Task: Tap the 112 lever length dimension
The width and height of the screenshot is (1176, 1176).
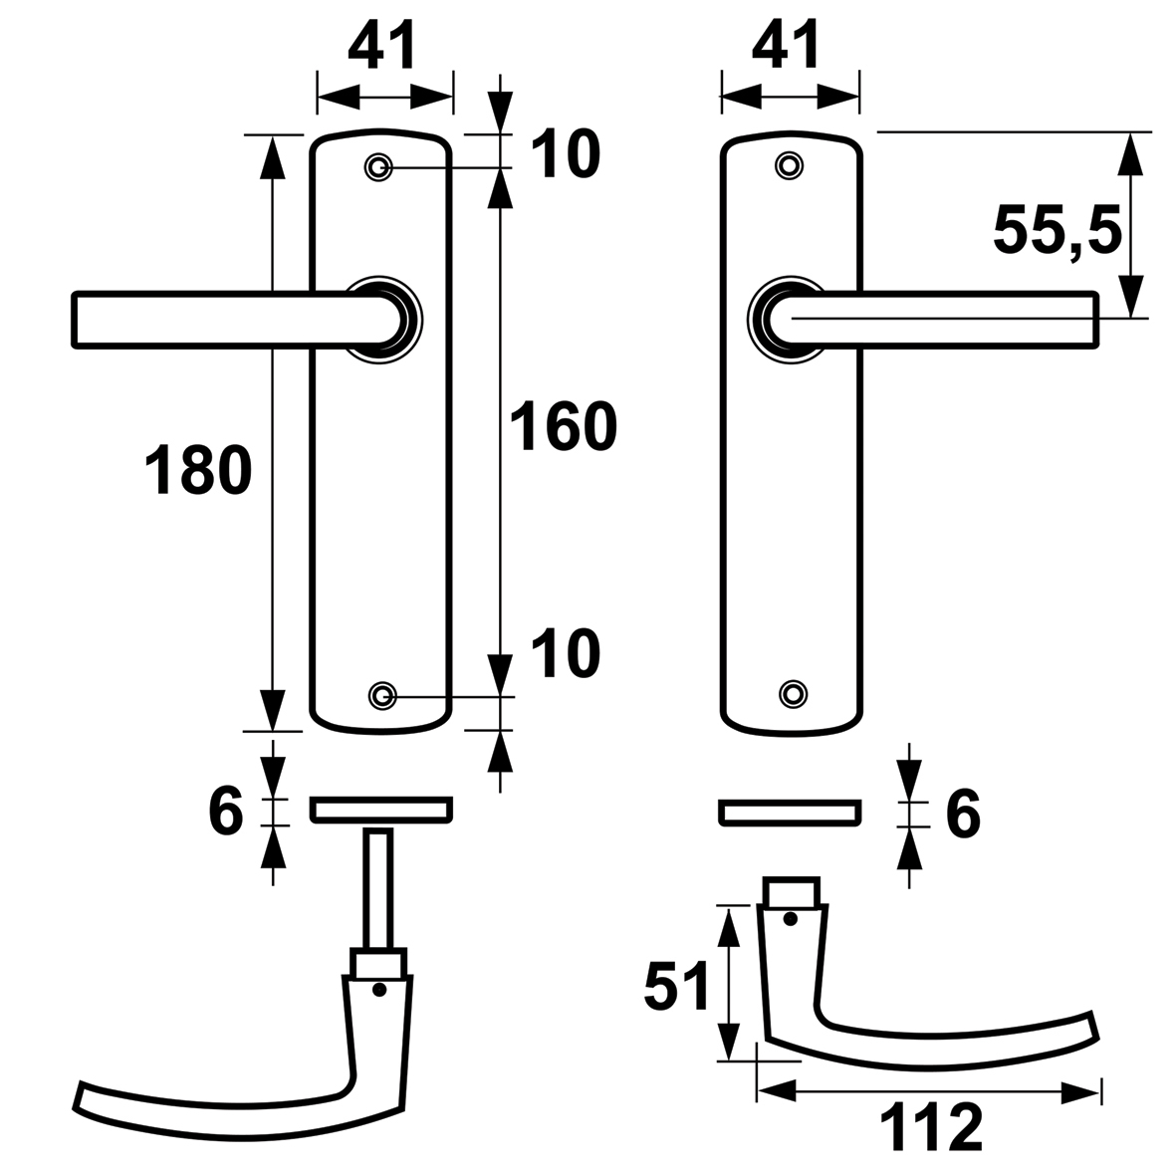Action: pyautogui.click(x=931, y=1128)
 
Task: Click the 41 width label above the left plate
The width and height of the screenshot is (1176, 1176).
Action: pyautogui.click(x=382, y=47)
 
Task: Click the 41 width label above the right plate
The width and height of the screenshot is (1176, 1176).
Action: pyautogui.click(x=787, y=47)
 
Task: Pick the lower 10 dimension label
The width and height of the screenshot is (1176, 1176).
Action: pyautogui.click(x=565, y=654)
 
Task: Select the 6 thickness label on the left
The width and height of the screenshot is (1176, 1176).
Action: pyautogui.click(x=226, y=813)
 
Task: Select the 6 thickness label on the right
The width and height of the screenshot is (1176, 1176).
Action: pyautogui.click(x=962, y=813)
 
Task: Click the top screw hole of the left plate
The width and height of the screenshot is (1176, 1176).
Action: pyautogui.click(x=378, y=166)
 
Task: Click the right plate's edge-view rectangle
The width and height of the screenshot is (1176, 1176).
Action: pyautogui.click(x=789, y=812)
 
